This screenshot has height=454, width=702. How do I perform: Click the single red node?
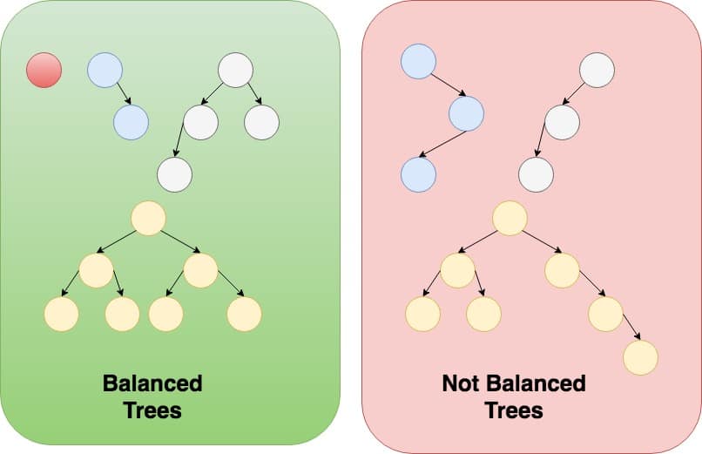(44, 70)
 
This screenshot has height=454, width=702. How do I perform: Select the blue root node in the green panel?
(105, 71)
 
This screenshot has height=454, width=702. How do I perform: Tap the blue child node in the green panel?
(131, 122)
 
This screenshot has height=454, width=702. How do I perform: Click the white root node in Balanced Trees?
(235, 71)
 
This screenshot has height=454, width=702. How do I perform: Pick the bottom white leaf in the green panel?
(174, 174)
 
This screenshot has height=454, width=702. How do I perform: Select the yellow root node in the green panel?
(148, 218)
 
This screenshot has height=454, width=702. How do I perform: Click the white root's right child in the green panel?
(261, 122)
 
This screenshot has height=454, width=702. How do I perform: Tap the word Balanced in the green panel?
(152, 383)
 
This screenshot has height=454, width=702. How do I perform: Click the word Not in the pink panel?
(461, 383)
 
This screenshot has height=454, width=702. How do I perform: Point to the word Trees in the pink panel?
(514, 410)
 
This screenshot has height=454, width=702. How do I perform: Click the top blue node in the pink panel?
(418, 61)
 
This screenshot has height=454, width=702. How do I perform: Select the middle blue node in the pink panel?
(466, 113)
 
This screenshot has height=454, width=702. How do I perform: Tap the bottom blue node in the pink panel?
(418, 174)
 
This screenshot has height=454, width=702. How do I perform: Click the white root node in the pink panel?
(597, 71)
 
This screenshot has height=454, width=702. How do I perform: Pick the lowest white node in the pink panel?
(536, 174)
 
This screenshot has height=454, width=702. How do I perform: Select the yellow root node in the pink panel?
(510, 218)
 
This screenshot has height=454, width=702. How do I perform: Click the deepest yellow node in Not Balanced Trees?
(640, 357)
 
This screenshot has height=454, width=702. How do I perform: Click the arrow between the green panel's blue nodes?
(124, 93)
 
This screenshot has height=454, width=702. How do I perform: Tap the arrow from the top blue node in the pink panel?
(447, 85)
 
